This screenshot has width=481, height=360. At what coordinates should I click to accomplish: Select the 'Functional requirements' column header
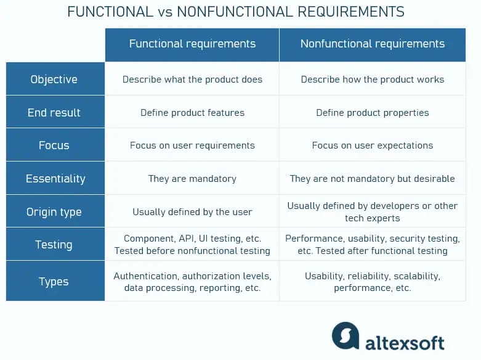[192, 44]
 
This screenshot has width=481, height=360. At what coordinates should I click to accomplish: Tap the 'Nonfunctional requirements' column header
[372, 44]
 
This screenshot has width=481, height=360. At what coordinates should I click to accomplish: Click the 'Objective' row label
[54, 80]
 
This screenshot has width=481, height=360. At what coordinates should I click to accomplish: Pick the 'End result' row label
[54, 113]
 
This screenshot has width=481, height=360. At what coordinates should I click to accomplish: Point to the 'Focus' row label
[54, 145]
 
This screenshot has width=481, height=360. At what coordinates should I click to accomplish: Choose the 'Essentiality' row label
[54, 179]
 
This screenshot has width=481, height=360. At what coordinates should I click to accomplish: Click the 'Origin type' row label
[54, 212]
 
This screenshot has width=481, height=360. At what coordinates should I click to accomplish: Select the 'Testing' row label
[54, 245]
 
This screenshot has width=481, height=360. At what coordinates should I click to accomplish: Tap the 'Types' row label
[54, 282]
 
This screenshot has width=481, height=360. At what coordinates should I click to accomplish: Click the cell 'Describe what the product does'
[192, 80]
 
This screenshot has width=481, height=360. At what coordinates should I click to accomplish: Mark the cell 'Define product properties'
[372, 113]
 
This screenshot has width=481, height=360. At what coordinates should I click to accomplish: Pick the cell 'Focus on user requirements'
[192, 145]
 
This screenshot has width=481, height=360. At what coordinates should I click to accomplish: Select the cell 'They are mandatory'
[192, 179]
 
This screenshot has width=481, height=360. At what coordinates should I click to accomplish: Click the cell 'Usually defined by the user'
[192, 212]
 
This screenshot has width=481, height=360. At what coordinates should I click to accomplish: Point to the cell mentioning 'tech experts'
[372, 212]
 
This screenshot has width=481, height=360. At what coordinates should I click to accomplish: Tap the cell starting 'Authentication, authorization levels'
[192, 282]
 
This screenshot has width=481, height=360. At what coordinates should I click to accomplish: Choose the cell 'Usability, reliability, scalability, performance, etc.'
[372, 282]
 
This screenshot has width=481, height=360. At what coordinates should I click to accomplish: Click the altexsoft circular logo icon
[346, 335]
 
